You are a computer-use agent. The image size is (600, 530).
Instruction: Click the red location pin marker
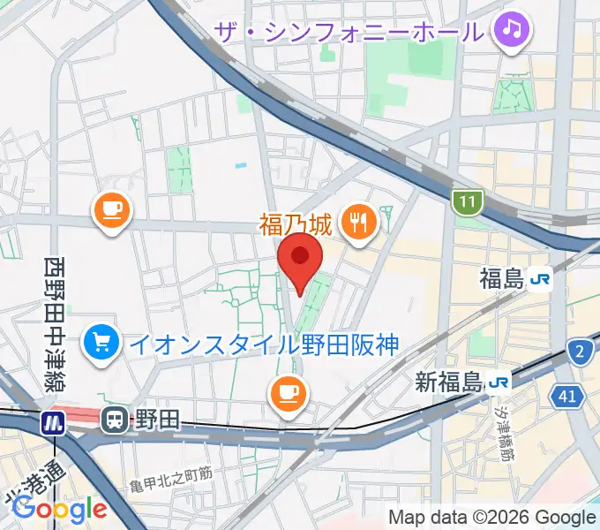click(x=300, y=259)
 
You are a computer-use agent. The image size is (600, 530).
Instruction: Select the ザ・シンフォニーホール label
click(x=349, y=32)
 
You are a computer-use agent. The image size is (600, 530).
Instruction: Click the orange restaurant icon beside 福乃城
click(x=357, y=223)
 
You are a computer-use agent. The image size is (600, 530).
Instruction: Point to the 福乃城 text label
click(x=295, y=223)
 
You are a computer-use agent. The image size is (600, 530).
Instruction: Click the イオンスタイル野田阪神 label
click(x=265, y=343)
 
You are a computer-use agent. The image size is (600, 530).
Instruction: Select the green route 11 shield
click(x=467, y=203)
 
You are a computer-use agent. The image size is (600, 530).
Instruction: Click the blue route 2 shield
click(x=580, y=352)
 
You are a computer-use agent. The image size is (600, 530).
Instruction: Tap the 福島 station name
click(x=502, y=279)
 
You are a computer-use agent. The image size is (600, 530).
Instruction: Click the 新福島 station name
click(x=449, y=382)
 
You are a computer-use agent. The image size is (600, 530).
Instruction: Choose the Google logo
click(x=59, y=508)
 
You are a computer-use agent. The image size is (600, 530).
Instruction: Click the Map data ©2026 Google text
click(x=492, y=517)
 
